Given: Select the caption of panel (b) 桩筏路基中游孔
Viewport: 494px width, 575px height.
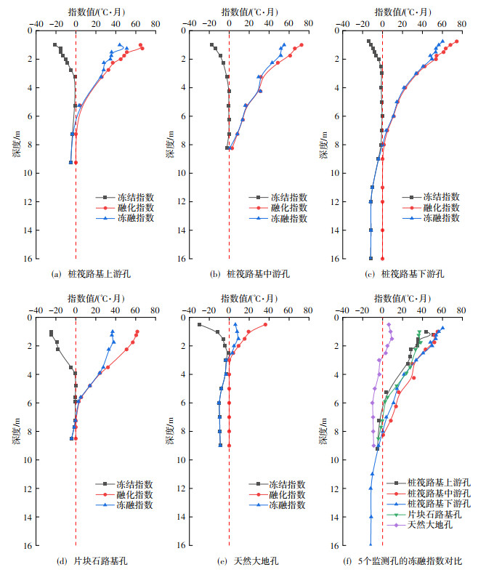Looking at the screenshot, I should [x=249, y=274].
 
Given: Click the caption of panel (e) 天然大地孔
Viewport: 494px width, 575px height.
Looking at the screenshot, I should [x=249, y=561].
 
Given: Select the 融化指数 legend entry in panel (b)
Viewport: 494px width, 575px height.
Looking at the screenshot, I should [x=289, y=207].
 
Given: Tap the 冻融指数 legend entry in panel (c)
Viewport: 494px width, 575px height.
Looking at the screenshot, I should [x=442, y=217].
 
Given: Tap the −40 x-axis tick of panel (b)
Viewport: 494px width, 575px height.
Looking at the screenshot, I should [x=189, y=23].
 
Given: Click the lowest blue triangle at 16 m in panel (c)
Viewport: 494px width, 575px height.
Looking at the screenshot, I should [x=370, y=259].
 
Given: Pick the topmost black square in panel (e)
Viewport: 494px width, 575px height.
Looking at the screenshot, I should [x=200, y=324].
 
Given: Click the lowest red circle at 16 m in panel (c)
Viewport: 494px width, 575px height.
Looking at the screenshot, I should [x=382, y=259].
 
